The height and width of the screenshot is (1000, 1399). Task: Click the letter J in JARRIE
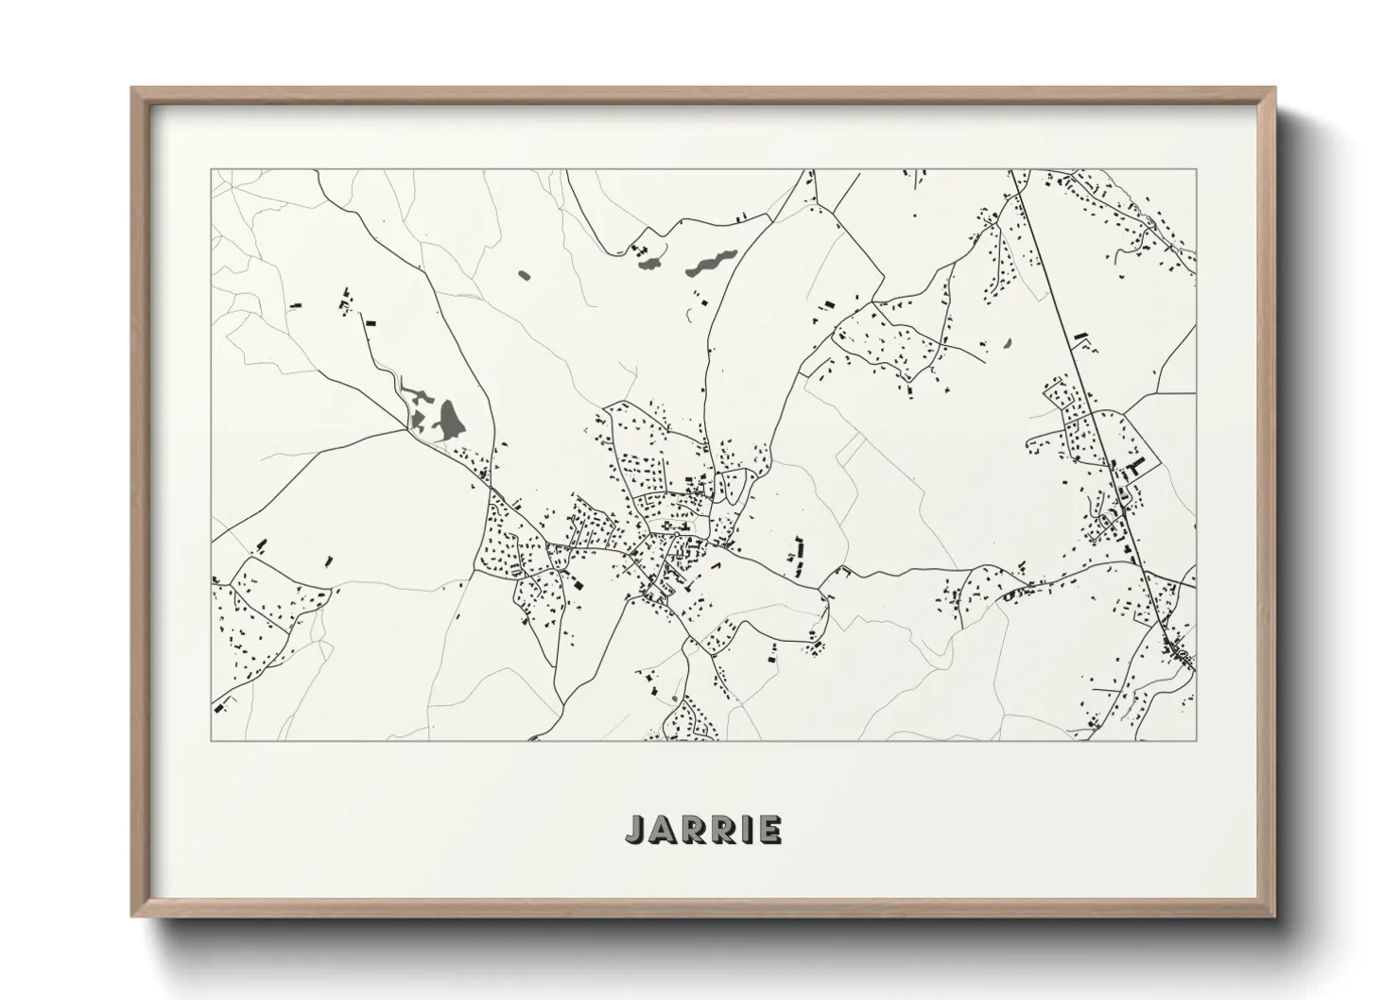click(x=632, y=830)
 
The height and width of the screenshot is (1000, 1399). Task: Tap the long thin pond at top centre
click(x=711, y=262)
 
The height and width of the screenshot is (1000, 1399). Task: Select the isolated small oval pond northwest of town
click(x=525, y=276)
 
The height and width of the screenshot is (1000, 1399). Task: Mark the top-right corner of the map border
click(x=1196, y=170)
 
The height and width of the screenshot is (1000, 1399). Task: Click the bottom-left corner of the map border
click(x=212, y=740)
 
